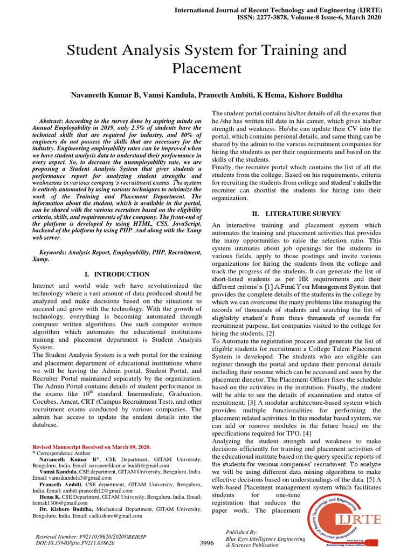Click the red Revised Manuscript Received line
click(x=92, y=447)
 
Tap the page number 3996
click(x=207, y=543)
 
